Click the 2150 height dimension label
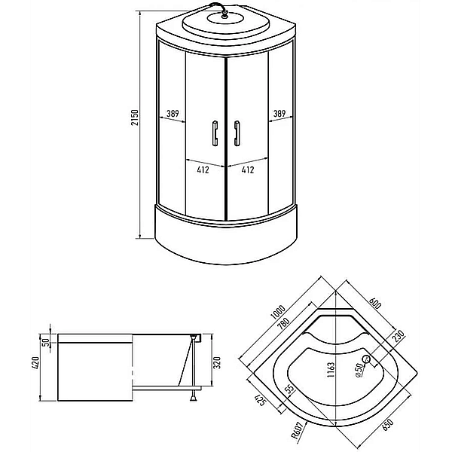coord(135,118)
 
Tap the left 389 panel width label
coord(173,114)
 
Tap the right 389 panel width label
coord(279,113)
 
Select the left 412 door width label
coord(203,169)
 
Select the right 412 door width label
coord(248,169)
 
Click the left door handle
coord(215,133)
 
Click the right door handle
coord(237,133)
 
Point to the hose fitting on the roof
coord(225,14)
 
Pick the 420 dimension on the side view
coord(35,365)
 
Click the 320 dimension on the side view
coord(216,362)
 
